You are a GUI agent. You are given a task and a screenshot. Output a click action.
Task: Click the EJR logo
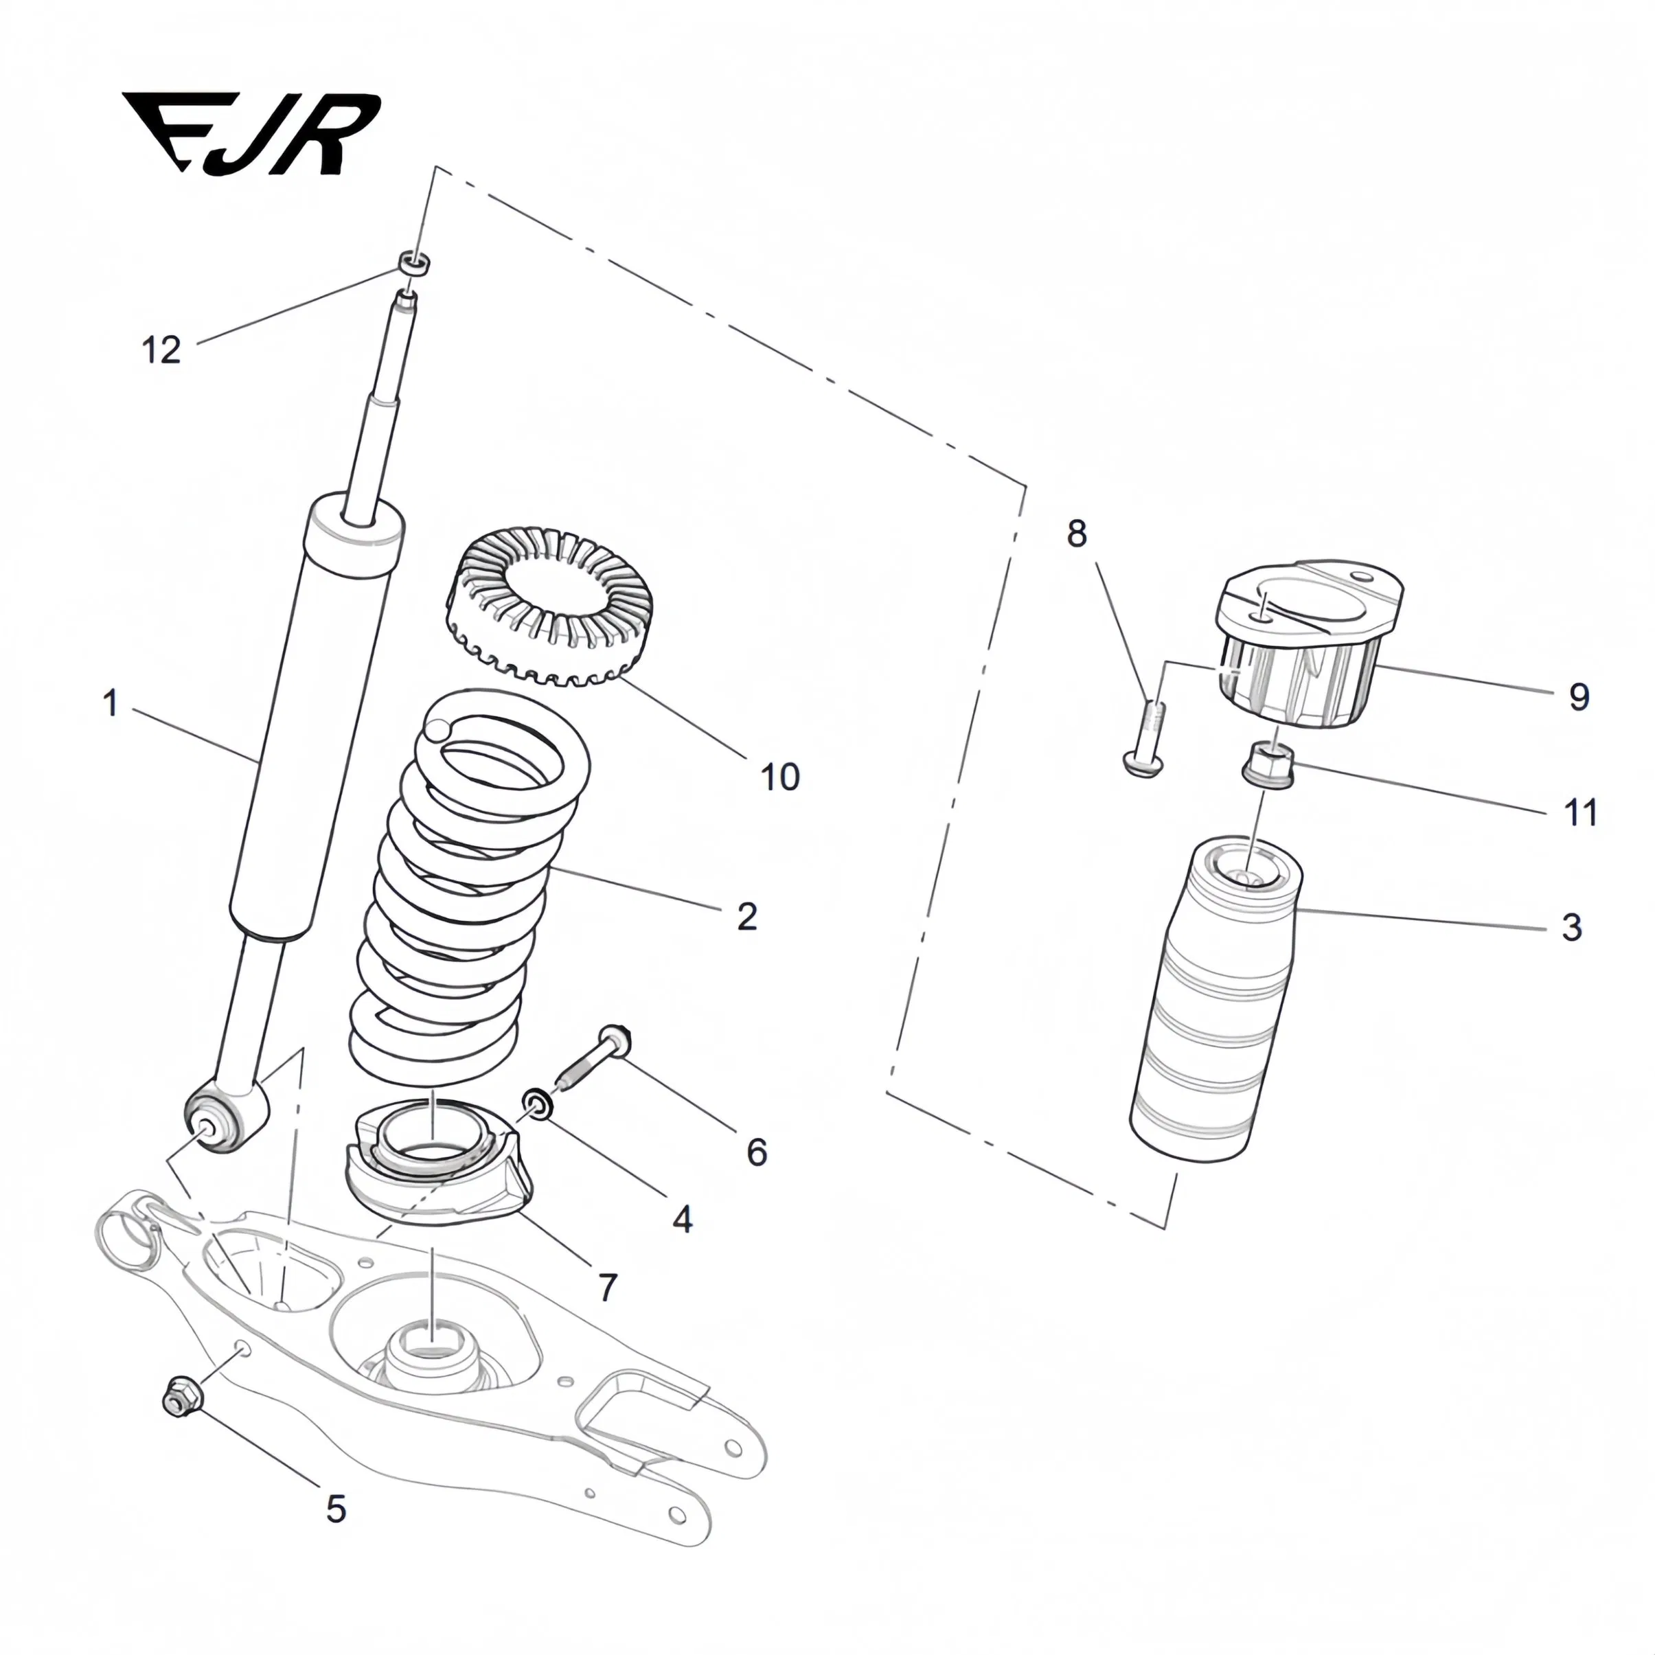[250, 134]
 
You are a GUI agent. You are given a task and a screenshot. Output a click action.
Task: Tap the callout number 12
[161, 350]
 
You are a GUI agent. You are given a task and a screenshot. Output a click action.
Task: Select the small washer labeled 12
[413, 263]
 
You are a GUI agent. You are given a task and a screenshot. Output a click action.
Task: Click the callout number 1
[111, 703]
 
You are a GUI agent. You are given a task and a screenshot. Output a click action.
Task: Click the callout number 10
[779, 777]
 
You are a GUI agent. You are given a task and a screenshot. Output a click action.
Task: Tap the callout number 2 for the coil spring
[747, 917]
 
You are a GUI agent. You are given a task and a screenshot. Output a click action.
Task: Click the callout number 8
[1077, 533]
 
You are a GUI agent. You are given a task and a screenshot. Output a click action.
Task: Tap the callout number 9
[1579, 696]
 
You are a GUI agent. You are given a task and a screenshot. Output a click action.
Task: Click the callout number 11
[1580, 812]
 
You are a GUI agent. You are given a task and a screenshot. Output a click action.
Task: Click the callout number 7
[607, 1287]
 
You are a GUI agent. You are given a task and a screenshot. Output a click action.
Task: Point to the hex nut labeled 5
[181, 1396]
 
